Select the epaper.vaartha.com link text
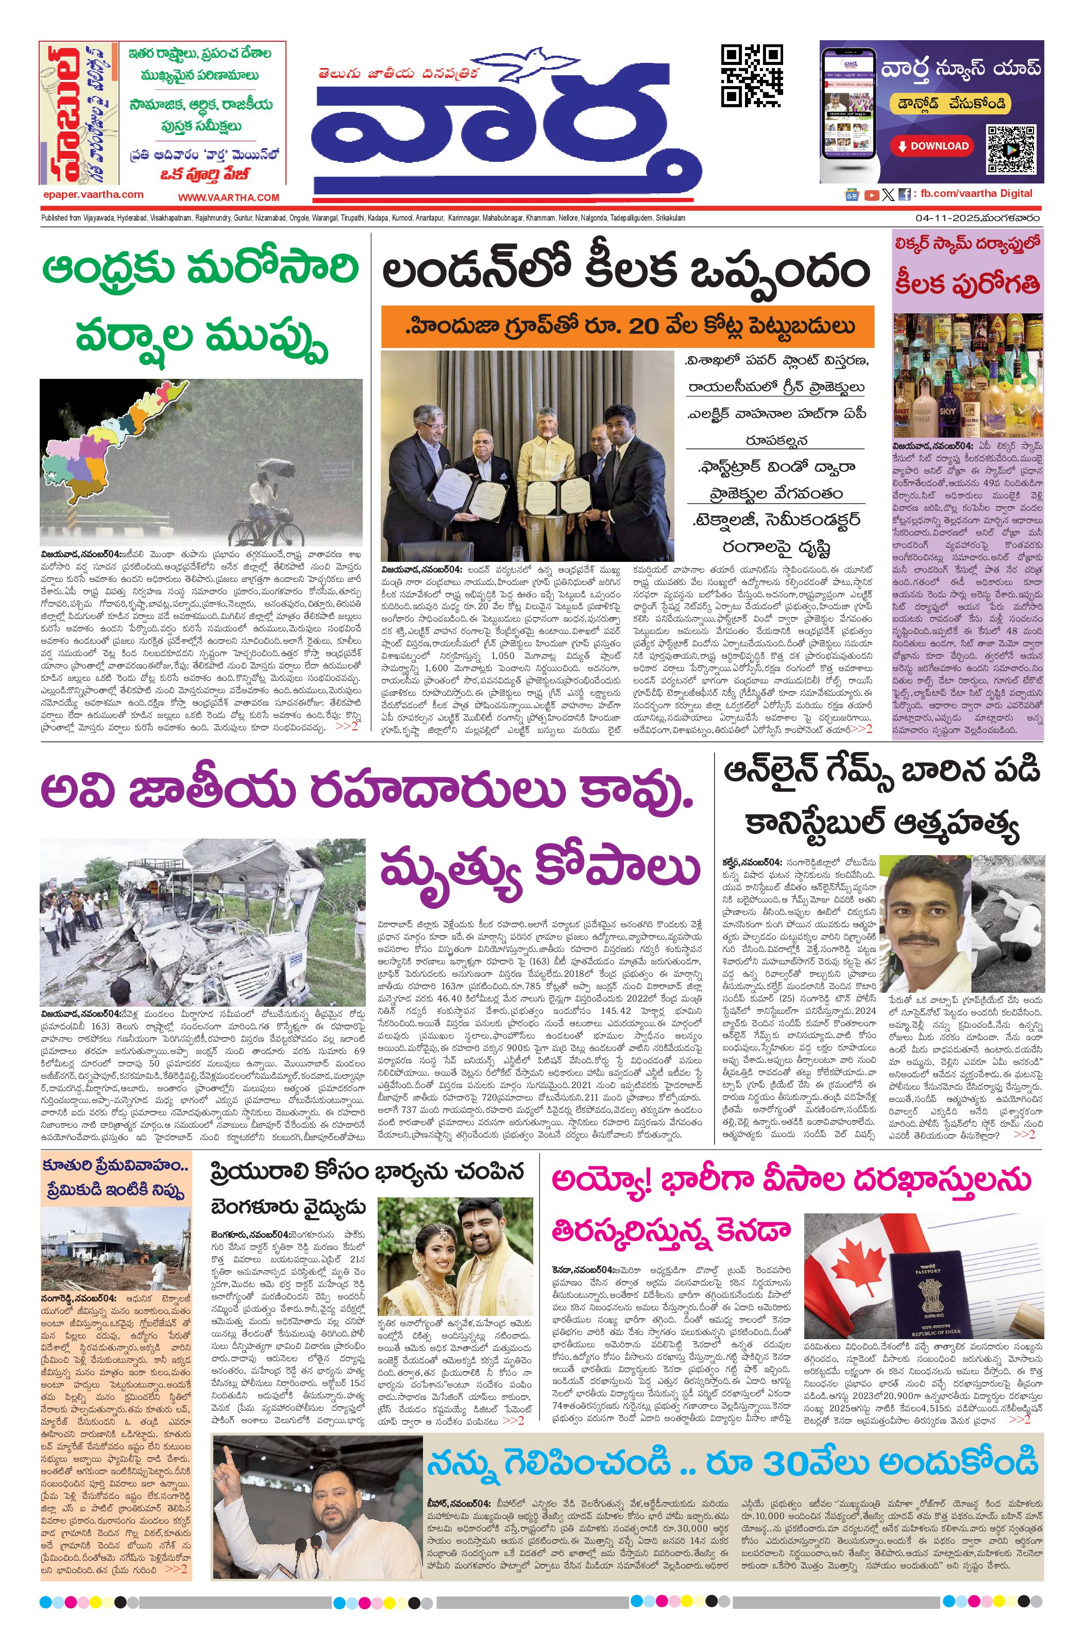[x=93, y=195]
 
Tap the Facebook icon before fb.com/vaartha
[x=904, y=195]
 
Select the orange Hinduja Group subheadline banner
[x=627, y=326]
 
